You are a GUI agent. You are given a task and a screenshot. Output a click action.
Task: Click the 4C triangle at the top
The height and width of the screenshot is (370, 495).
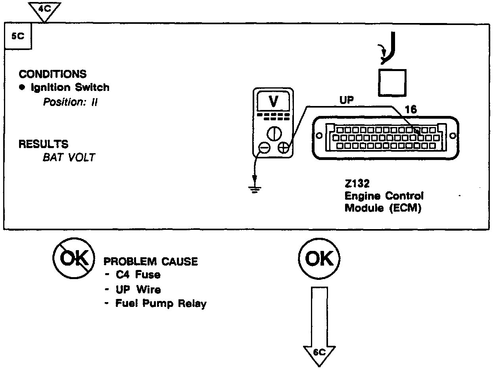(45, 9)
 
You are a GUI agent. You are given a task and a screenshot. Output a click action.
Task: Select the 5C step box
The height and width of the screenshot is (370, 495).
(18, 36)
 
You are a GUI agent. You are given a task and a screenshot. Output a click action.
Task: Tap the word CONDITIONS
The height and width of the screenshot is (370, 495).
(52, 74)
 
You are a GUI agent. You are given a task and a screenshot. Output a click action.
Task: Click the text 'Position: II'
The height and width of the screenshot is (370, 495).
(70, 102)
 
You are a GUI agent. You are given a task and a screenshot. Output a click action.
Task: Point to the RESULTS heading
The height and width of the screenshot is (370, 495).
(43, 144)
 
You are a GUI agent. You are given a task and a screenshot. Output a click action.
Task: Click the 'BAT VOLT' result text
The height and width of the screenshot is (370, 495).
(69, 158)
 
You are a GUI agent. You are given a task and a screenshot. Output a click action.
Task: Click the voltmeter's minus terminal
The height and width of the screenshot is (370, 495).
(264, 148)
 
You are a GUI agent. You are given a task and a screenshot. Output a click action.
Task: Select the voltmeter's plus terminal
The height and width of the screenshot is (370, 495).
(283, 148)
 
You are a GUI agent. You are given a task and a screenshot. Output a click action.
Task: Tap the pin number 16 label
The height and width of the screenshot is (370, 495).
(412, 110)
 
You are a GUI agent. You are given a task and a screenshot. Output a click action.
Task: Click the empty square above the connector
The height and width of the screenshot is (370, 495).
(392, 83)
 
